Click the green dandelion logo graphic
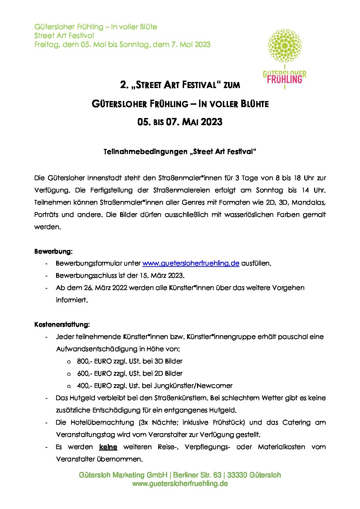coord(284,46)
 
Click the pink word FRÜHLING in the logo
coord(284,80)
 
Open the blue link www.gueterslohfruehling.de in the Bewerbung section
coord(191,264)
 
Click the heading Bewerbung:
coord(53,252)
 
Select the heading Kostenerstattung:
coord(62,325)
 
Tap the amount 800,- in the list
coord(85,361)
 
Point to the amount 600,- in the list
coord(85,373)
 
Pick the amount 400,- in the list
coord(85,386)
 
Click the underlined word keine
coord(108,447)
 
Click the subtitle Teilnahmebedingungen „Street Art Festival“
coord(180,152)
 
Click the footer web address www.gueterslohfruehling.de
coord(180,483)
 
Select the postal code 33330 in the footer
coord(238,475)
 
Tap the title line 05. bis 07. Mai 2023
coord(180,122)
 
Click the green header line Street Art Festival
coord(64,35)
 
